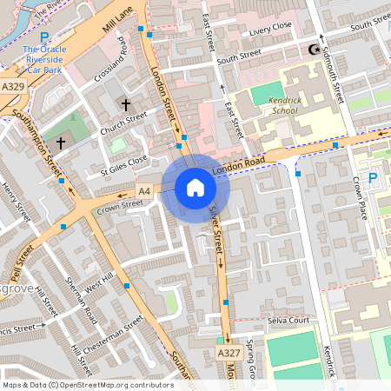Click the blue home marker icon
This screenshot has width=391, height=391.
point(195,188)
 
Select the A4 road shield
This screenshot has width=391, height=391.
point(144,191)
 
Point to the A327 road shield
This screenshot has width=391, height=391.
point(228,354)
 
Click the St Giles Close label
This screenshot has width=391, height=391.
point(123,165)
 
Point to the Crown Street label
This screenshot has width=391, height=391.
point(120,206)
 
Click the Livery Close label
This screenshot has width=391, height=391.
point(270,30)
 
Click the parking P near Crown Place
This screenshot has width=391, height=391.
point(374,178)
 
